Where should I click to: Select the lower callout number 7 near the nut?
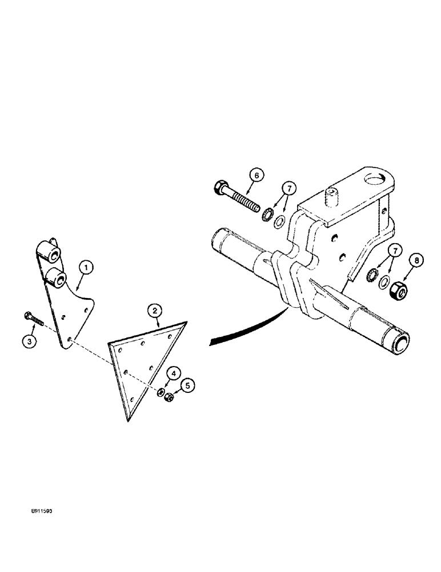[x=395, y=250]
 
